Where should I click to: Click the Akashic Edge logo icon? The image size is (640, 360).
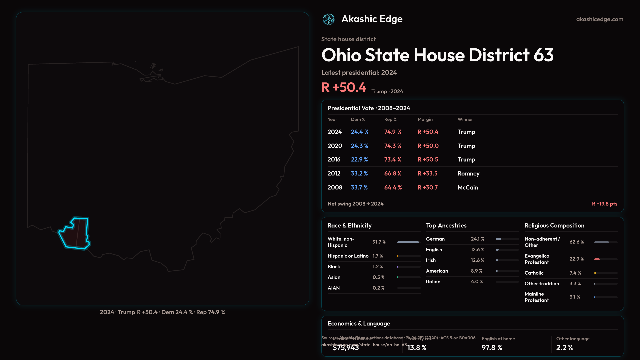click(x=328, y=19)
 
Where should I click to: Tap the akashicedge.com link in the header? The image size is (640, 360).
click(x=600, y=19)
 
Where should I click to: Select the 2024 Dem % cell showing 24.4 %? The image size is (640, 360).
click(x=359, y=132)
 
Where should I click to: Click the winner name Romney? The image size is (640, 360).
click(x=468, y=174)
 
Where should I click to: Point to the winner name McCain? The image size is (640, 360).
click(x=468, y=188)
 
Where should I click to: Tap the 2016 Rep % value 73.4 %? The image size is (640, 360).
click(x=393, y=160)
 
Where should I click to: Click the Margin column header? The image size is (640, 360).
click(x=425, y=119)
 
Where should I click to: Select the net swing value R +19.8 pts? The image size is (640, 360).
click(x=604, y=204)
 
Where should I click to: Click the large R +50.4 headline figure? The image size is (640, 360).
click(x=344, y=87)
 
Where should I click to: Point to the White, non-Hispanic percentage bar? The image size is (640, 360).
click(x=408, y=242)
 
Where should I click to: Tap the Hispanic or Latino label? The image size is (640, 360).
click(x=348, y=256)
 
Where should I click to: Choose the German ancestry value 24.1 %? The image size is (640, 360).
click(x=477, y=239)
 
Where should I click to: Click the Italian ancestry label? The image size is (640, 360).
click(x=433, y=282)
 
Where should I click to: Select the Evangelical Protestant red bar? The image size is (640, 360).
click(x=597, y=259)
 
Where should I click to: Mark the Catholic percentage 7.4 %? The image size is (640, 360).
click(x=575, y=273)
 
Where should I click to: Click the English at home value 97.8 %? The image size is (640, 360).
click(x=492, y=348)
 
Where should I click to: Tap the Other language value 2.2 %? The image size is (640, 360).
click(x=564, y=348)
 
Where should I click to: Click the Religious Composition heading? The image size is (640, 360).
click(x=554, y=226)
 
